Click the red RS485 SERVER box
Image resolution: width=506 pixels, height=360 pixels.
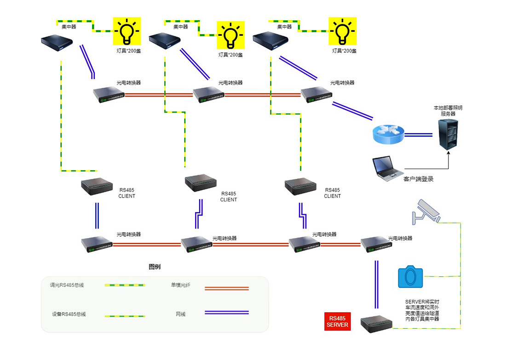click(338, 321)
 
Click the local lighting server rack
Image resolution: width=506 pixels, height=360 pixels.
click(448, 133)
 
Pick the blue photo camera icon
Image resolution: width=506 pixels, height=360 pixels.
click(411, 276)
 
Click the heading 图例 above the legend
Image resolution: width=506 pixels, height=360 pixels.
click(155, 267)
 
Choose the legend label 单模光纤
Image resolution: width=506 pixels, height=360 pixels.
click(180, 285)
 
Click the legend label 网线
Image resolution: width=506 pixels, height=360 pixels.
click(181, 314)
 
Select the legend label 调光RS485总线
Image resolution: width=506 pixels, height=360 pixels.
click(67, 285)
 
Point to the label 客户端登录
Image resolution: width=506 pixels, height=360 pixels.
click(418, 179)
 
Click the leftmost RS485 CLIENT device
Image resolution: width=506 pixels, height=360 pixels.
click(97, 185)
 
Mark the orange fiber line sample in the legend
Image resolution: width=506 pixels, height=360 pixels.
click(226, 288)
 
